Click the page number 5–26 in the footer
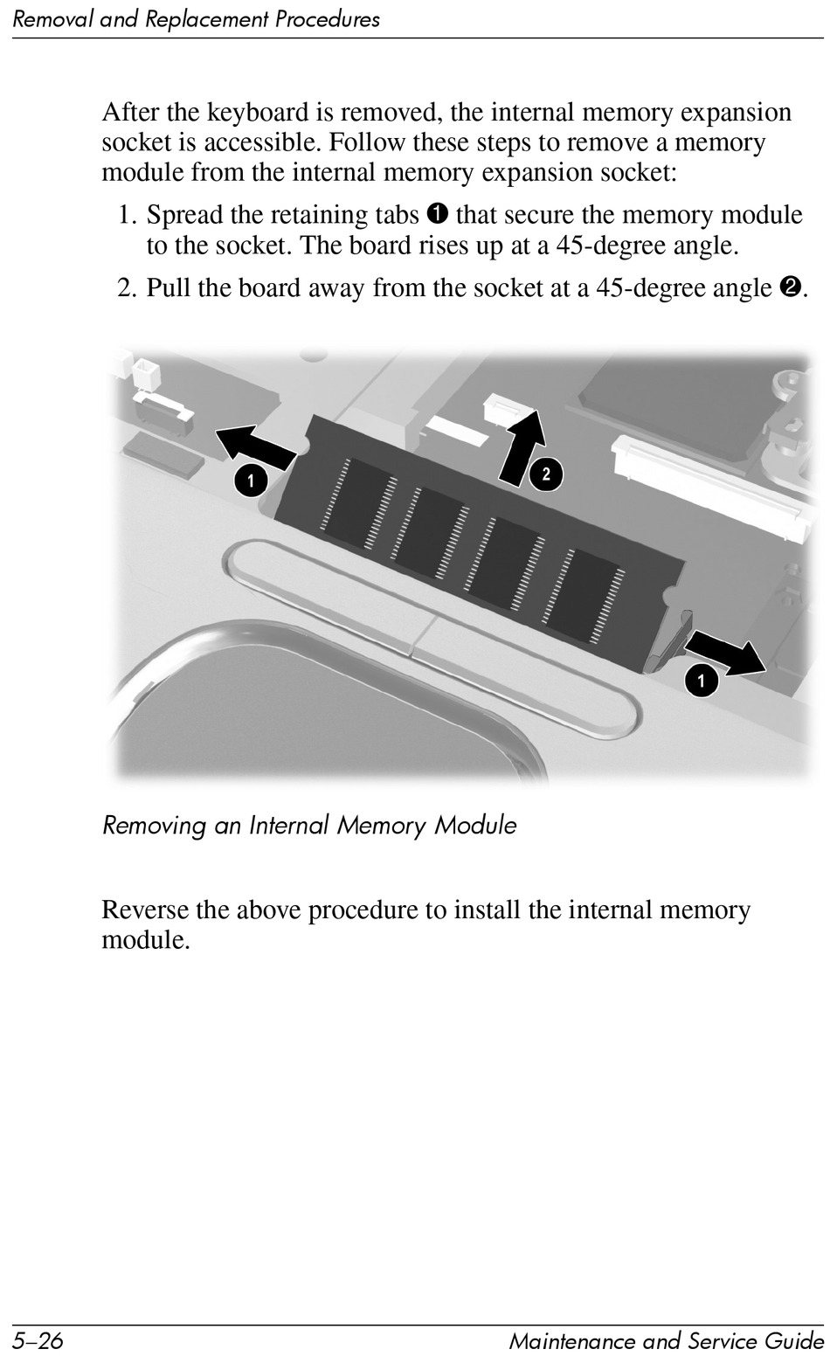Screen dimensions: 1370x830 38,1340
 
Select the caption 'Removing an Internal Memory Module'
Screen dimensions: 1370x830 309,825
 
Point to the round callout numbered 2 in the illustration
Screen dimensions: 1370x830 546,474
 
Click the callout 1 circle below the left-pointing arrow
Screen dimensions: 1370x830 250,480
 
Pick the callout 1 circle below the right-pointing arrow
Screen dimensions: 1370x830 701,680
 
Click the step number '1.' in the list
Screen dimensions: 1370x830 128,215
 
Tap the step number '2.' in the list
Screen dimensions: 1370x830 128,287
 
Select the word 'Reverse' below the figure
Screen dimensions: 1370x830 145,910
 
